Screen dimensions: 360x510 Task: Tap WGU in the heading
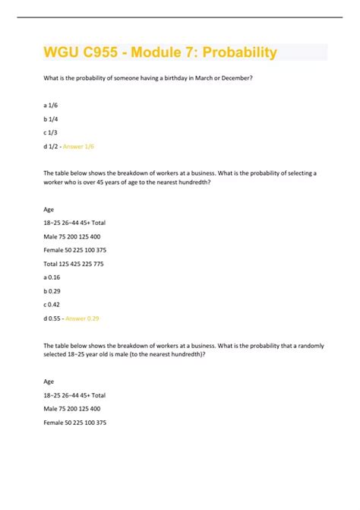click(60, 52)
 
